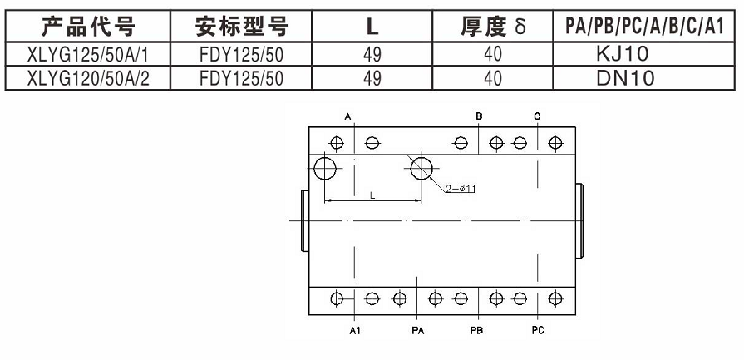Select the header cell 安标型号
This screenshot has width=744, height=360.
click(242, 27)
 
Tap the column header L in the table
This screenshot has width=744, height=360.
click(373, 27)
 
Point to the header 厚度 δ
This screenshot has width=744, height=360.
click(494, 27)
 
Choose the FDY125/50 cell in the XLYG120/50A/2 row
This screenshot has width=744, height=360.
click(242, 78)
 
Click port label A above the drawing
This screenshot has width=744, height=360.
click(348, 116)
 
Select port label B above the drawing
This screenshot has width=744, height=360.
click(480, 116)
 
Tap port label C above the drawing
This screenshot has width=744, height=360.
click(538, 116)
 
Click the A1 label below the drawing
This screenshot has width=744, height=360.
click(355, 330)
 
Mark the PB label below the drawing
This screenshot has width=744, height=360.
click(477, 330)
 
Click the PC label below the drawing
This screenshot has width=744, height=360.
click(538, 330)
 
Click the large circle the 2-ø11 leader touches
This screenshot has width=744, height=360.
click(422, 168)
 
